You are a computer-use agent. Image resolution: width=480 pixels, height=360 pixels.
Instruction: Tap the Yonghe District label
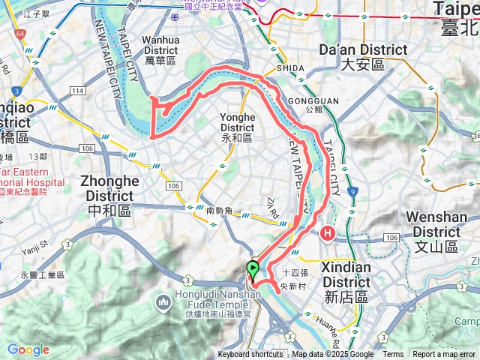[x=237, y=127]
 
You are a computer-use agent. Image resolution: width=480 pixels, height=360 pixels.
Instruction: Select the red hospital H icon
[x=327, y=234]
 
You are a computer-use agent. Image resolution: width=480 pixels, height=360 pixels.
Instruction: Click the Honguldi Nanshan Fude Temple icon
[x=163, y=303]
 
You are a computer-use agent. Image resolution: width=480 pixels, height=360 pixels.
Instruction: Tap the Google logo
[x=28, y=350]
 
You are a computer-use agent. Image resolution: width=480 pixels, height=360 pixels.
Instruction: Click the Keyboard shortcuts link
[x=250, y=355]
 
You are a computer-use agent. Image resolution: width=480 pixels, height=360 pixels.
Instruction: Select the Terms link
[x=393, y=355]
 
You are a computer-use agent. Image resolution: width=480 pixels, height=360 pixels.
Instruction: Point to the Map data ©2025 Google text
[x=332, y=355]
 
